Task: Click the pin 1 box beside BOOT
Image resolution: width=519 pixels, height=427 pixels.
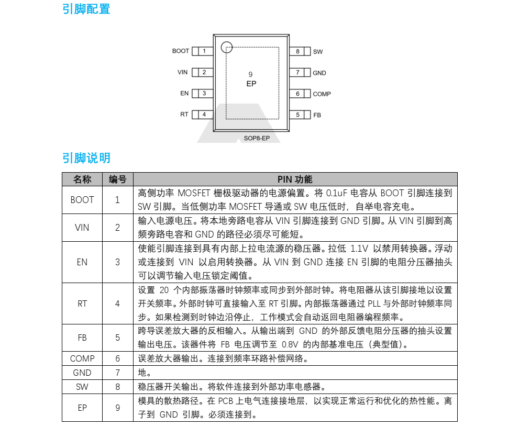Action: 202,51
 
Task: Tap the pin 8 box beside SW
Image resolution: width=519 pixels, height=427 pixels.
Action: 300,51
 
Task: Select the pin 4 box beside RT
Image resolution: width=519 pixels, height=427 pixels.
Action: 202,115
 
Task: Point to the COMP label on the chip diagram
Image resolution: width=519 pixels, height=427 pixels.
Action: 322,94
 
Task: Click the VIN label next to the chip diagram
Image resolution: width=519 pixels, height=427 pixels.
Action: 182,72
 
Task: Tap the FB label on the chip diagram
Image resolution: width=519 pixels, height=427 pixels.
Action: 317,115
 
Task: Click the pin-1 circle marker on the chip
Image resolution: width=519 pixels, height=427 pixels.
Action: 226,47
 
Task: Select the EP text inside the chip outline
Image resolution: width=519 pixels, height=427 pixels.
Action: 251,84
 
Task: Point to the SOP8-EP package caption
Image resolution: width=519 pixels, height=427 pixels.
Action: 257,139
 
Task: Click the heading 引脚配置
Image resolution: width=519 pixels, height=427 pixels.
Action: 86,9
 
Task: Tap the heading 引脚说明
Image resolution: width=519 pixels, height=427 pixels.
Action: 86,158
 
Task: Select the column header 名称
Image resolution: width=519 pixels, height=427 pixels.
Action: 82,179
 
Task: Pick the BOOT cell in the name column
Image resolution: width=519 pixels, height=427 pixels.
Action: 82,199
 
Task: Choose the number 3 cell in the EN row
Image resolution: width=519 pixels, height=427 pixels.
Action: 117,262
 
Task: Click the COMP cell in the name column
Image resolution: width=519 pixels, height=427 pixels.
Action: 82,358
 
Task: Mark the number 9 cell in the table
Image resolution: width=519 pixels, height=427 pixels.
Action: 117,408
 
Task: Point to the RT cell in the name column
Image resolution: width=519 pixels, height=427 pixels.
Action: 82,304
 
